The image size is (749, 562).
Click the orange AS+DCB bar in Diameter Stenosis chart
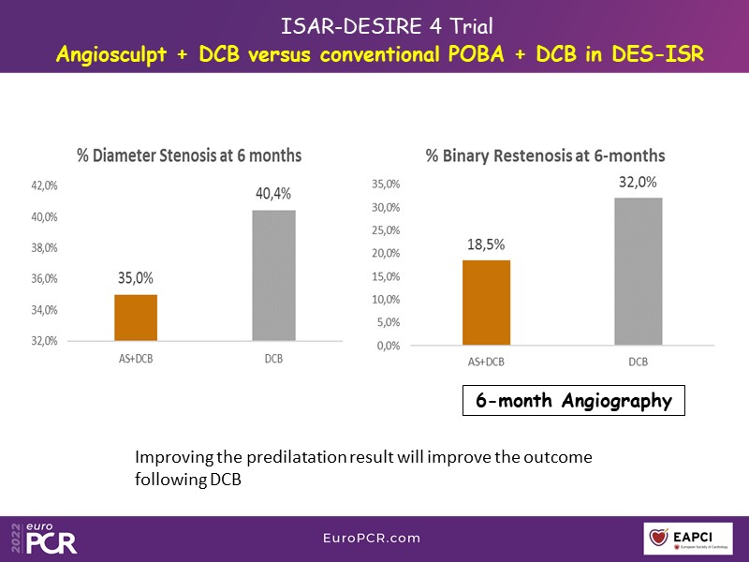point(136,318)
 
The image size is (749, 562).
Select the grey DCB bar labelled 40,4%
point(274,275)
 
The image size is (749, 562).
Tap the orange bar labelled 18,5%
point(487,303)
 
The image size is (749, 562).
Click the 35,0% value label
point(136,278)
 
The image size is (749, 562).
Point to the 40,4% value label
point(273,194)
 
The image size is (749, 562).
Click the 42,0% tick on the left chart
point(45,186)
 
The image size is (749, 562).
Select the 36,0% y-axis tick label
point(45,279)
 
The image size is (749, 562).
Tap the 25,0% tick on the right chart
point(387,230)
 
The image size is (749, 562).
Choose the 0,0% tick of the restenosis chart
point(389,346)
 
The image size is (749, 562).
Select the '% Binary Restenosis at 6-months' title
point(546,155)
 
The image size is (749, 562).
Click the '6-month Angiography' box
point(574,401)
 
